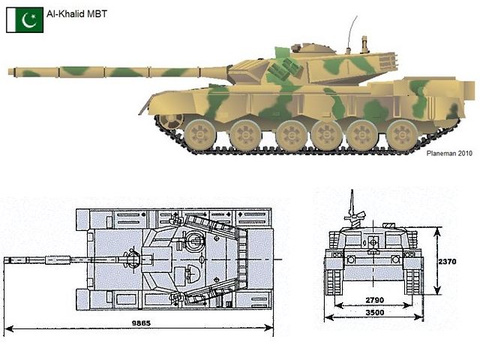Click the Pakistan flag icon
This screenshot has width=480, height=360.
[25, 20]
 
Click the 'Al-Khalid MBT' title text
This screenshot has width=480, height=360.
[76, 13]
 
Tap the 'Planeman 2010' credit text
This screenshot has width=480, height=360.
[449, 154]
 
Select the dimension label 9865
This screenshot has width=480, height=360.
[141, 323]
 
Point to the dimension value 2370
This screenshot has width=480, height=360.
[447, 262]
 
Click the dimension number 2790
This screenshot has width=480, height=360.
[375, 300]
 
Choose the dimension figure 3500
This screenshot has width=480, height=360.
[375, 313]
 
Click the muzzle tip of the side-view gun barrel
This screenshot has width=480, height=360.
[9, 72]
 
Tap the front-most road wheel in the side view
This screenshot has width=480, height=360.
[199, 135]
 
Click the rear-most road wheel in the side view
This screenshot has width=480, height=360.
[402, 135]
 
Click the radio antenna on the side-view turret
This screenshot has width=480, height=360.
[352, 34]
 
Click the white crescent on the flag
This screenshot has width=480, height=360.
[28, 21]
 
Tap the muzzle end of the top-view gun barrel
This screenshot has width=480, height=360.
[4, 260]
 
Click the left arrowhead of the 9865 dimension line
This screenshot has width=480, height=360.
[8, 328]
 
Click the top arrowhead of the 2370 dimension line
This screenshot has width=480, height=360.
[438, 232]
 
